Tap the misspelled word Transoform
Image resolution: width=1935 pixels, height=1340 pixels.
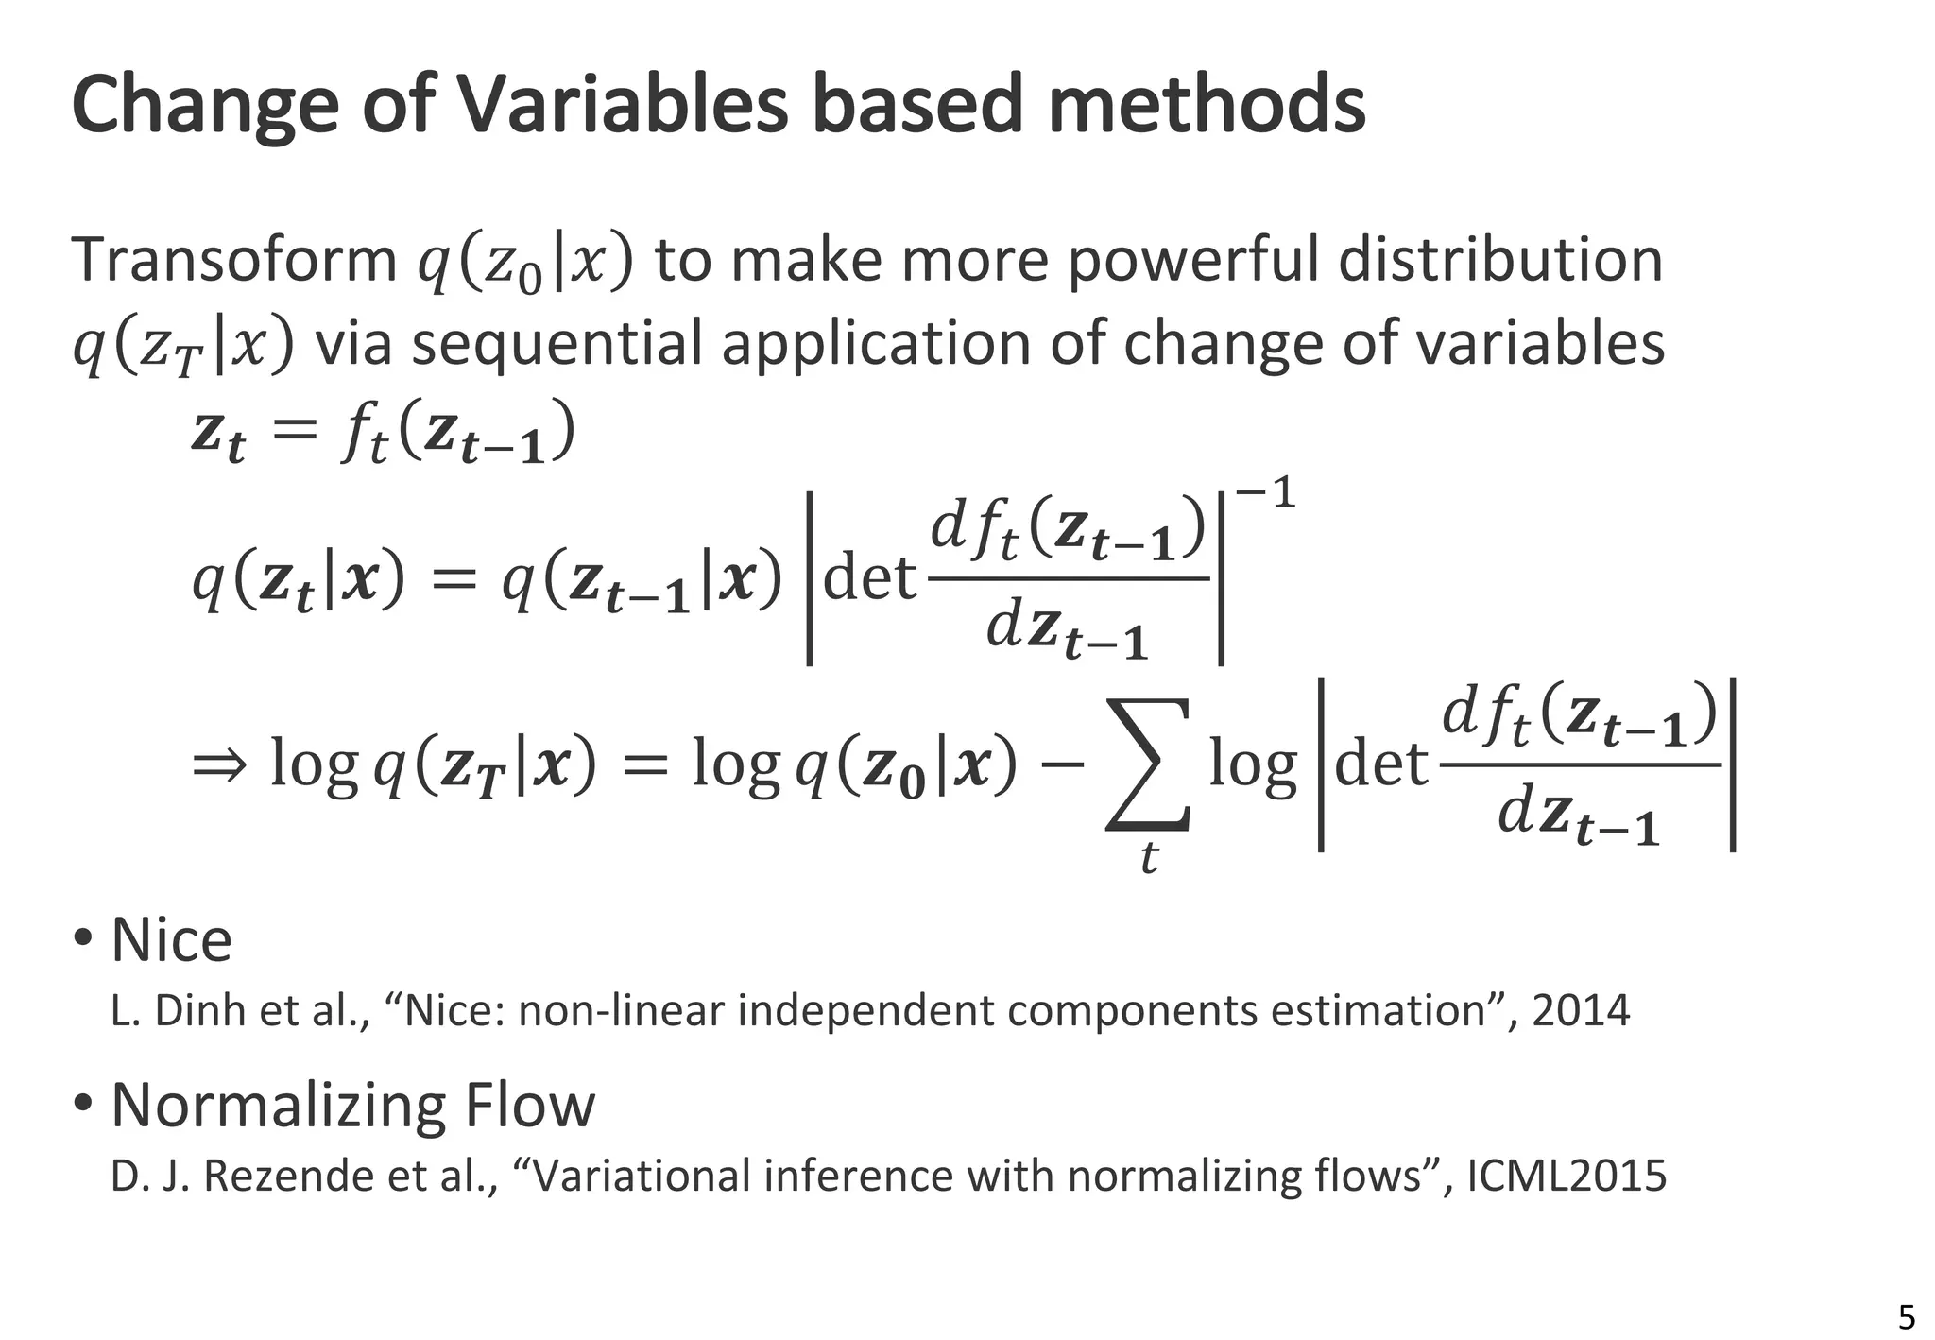click(x=234, y=260)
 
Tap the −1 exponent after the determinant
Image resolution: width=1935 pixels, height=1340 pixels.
click(x=1265, y=492)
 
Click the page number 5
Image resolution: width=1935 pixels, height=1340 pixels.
click(x=1907, y=1316)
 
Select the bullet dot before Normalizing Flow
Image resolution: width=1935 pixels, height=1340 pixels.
click(x=84, y=1103)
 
